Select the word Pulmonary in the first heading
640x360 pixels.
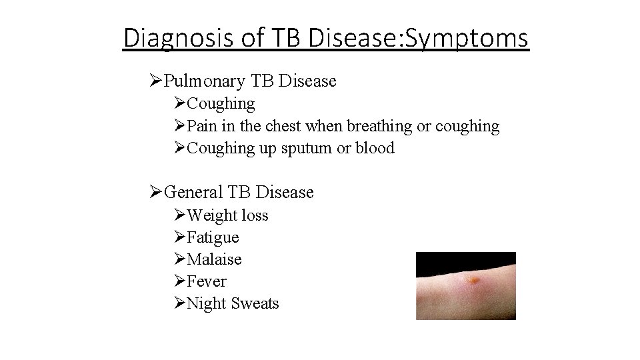click(205, 81)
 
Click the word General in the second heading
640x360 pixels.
click(193, 192)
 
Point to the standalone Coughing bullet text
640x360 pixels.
click(221, 104)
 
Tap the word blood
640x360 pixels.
click(375, 148)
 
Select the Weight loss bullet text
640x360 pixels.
click(227, 215)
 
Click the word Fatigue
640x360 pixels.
click(213, 237)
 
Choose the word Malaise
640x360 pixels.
click(215, 259)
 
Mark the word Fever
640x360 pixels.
click(207, 281)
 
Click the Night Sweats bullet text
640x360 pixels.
click(233, 303)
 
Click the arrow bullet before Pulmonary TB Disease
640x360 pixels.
click(156, 81)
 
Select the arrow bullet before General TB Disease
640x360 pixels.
click(156, 192)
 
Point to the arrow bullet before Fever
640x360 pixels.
click(179, 281)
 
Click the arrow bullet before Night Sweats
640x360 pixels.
click(179, 303)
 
